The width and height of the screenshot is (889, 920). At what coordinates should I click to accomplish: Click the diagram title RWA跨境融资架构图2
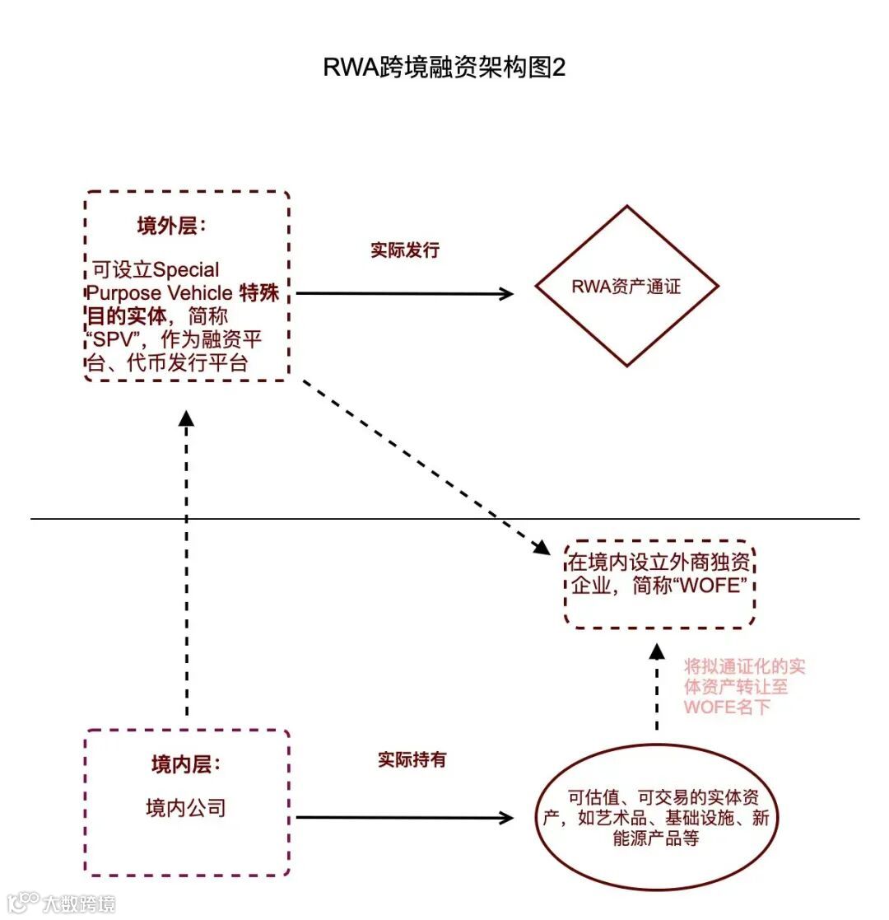pos(444,68)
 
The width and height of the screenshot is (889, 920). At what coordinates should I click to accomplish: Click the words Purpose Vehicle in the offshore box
pos(160,293)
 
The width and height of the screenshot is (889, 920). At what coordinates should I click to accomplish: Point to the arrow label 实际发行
pos(405,250)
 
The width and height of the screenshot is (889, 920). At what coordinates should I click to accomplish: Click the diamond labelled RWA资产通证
pos(626,287)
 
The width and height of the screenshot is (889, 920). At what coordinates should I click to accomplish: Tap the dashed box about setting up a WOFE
pos(659,584)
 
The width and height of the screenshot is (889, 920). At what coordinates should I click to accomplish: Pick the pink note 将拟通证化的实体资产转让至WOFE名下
pos(743,686)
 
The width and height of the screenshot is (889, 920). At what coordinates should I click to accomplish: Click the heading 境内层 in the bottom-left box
pos(186,764)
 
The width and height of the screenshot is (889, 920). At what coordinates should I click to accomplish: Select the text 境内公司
pos(186,807)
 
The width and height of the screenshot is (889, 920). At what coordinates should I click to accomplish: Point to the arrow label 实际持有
pos(412,759)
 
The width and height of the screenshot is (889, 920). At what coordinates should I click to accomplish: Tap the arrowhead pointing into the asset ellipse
pos(506,818)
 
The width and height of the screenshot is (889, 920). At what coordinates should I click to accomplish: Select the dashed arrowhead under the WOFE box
pos(656,651)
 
